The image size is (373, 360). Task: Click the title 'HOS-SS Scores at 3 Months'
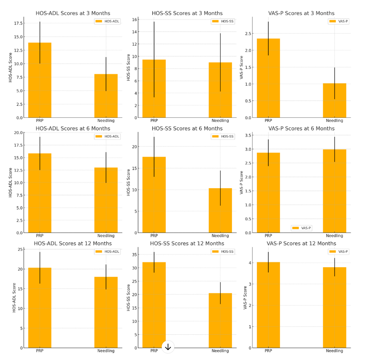pos(187,13)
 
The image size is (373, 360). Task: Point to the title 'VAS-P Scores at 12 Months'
pos(301,243)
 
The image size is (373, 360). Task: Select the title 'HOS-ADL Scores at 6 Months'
pos(73,129)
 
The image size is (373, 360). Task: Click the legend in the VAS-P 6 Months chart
pos(301,228)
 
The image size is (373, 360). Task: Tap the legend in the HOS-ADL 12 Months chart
pos(107,251)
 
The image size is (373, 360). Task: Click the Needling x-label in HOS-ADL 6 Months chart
pos(106,236)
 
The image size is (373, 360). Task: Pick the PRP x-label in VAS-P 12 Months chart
pos(268,351)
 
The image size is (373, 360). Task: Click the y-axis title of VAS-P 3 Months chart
pos(241,67)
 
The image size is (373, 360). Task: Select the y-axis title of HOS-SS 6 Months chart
pos(128,182)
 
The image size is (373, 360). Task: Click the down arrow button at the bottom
pos(168,347)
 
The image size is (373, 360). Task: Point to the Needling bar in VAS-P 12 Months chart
pos(334,307)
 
